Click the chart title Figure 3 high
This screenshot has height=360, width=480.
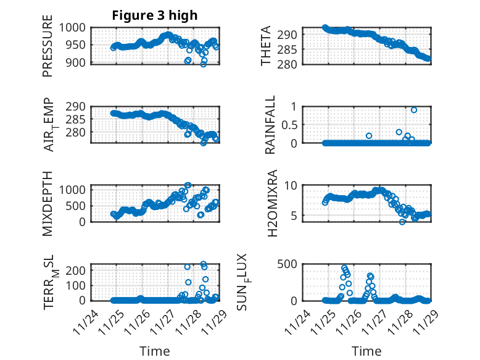point(154,15)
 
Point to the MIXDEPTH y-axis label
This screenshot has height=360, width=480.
point(48,203)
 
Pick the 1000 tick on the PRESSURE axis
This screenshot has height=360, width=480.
point(77,27)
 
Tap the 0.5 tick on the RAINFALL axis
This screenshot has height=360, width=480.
point(291,124)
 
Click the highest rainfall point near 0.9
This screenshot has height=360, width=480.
point(413,110)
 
